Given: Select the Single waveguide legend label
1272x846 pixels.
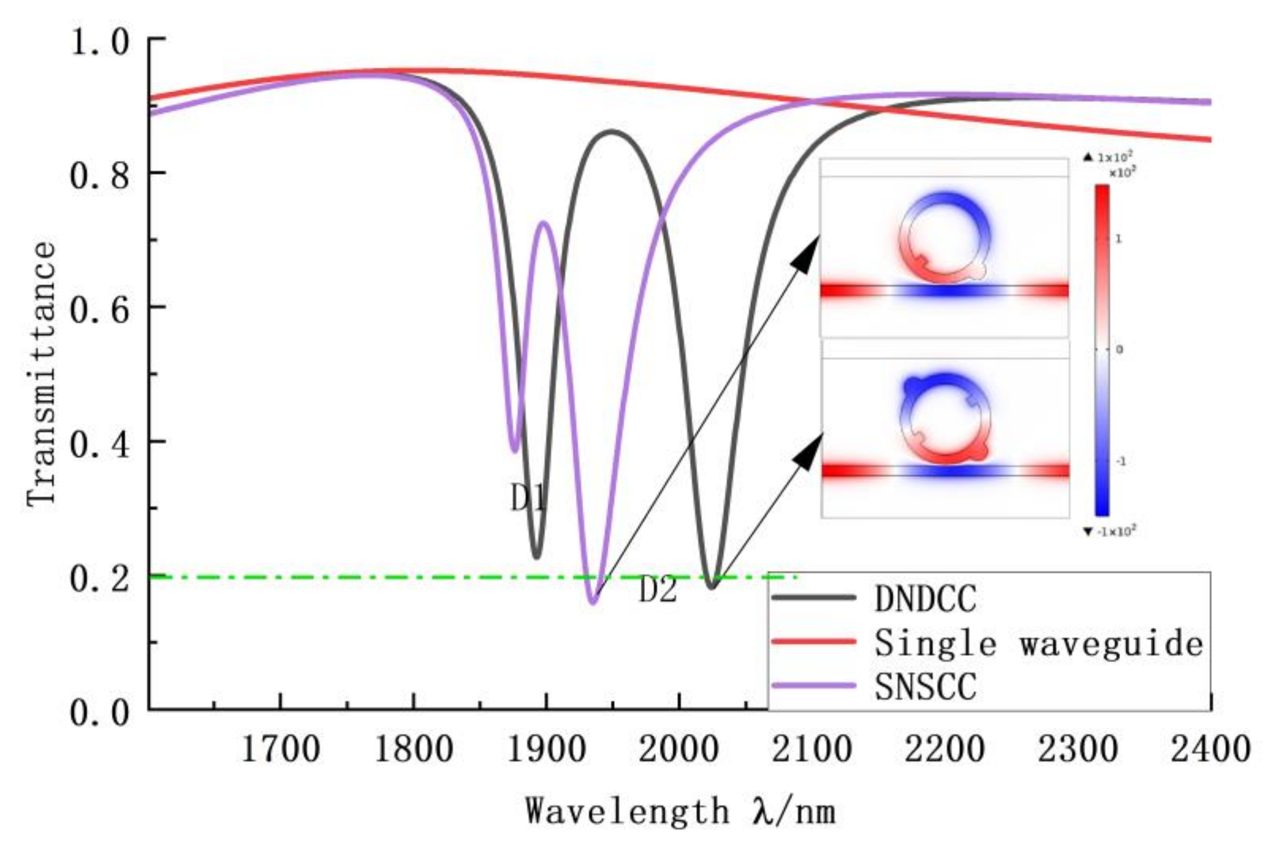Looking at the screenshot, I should coord(1038,643).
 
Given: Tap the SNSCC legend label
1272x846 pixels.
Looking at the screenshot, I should coord(924,687).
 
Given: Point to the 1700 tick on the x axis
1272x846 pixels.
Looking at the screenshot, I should coord(281,749).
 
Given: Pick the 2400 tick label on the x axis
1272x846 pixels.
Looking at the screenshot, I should coord(1210,749).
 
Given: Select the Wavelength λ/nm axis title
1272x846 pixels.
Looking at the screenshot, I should coord(680,811).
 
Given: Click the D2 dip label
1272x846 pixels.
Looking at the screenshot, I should coord(657,590).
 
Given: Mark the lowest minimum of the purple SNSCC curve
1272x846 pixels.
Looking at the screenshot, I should coord(593,602).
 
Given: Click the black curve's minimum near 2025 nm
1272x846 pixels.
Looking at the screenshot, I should coord(711,587).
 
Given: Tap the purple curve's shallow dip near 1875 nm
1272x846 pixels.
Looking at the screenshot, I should coord(515,450).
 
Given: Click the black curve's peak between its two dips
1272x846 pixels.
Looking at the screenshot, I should coord(612,132).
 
